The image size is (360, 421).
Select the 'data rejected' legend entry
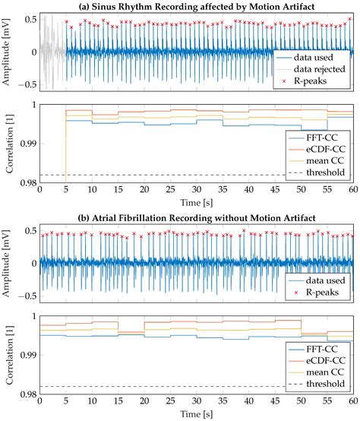316,68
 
